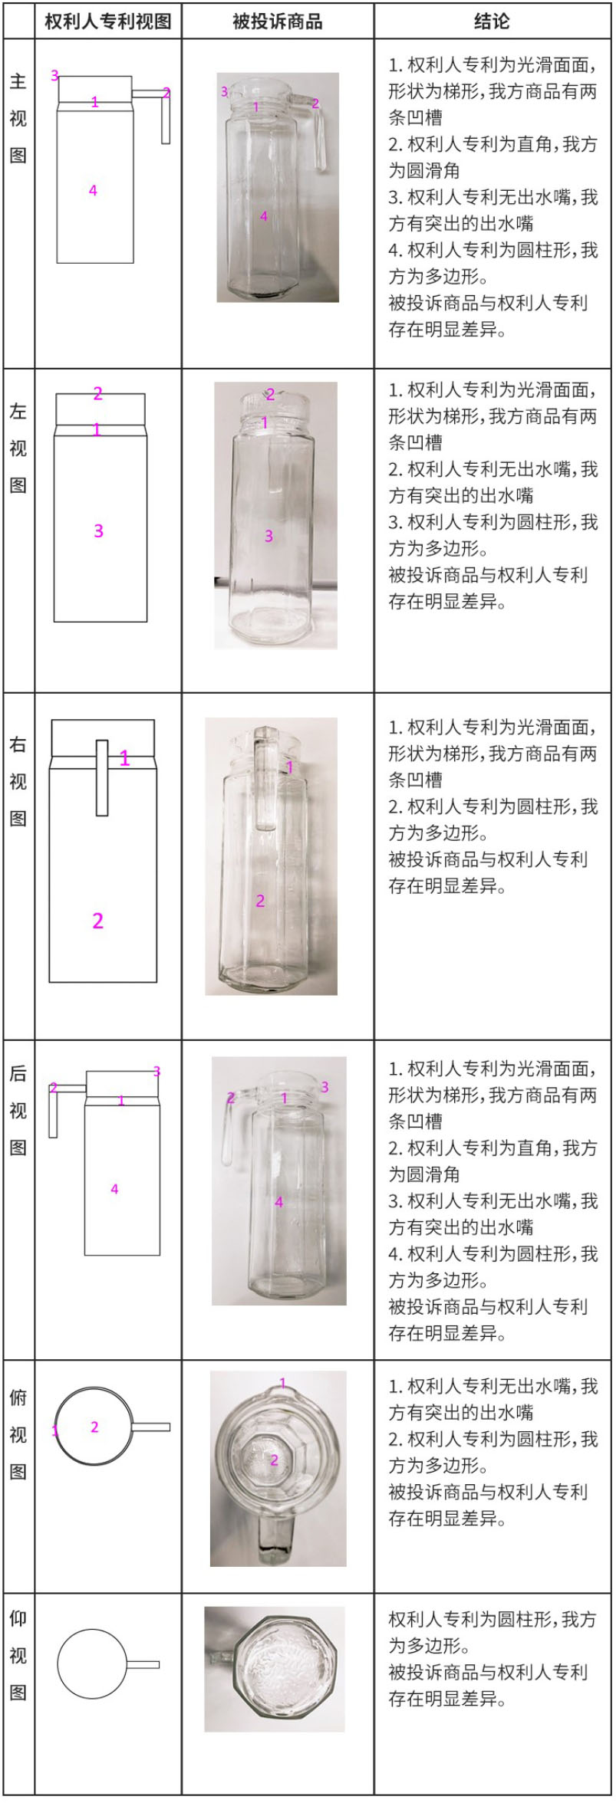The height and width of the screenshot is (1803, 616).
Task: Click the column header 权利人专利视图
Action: click(x=107, y=21)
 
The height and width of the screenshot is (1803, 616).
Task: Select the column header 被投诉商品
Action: click(x=278, y=21)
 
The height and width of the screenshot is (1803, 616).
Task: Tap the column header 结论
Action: click(x=492, y=21)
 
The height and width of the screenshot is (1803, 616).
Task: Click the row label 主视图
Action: click(x=18, y=119)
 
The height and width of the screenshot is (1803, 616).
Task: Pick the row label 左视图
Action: click(x=18, y=448)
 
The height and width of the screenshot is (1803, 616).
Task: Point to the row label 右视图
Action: click(x=18, y=781)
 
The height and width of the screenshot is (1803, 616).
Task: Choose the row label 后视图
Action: click(x=18, y=1111)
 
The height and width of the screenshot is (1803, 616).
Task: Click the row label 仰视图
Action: click(x=18, y=1655)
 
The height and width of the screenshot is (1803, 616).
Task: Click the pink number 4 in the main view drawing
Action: click(x=93, y=190)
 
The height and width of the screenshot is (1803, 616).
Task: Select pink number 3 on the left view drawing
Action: click(x=98, y=530)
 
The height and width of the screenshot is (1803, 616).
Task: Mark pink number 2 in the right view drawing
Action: click(x=97, y=921)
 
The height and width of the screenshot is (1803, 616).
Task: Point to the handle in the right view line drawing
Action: click(x=102, y=778)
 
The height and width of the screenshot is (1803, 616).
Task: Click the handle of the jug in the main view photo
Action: click(x=318, y=138)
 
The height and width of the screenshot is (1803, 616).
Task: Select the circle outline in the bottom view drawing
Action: click(x=91, y=1664)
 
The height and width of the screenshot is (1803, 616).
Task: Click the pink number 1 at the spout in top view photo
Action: click(x=282, y=1384)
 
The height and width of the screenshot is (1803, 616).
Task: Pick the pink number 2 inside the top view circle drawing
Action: click(x=94, y=1427)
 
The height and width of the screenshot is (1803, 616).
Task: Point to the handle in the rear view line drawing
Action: click(x=53, y=1112)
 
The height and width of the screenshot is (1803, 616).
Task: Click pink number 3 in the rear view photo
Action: click(x=324, y=1087)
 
